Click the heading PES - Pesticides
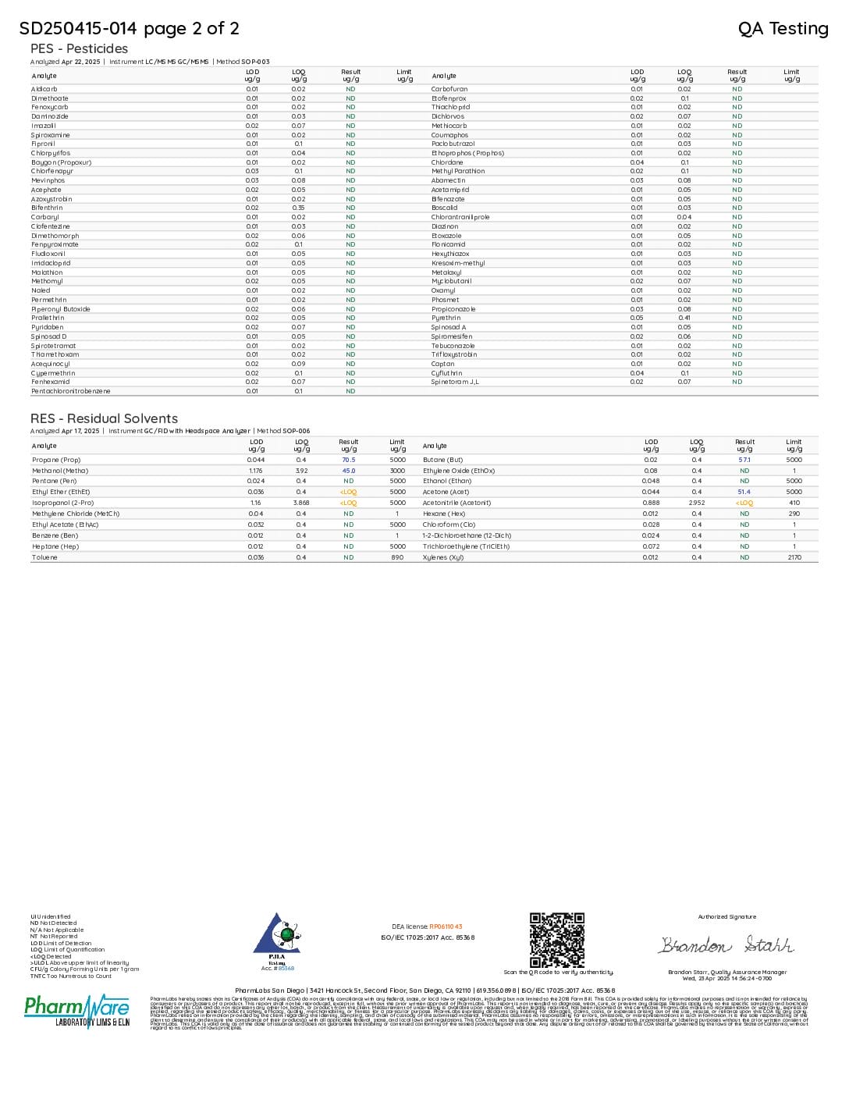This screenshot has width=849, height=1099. click(x=79, y=48)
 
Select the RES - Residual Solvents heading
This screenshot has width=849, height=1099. click(x=104, y=418)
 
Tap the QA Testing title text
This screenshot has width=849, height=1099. click(x=783, y=29)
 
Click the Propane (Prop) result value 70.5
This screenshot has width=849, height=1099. click(x=349, y=460)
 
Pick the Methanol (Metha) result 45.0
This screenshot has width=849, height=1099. click(x=349, y=471)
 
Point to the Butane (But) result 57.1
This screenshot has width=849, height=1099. click(x=744, y=460)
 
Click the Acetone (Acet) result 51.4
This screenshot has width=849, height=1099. click(x=744, y=492)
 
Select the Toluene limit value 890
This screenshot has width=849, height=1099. click(x=397, y=557)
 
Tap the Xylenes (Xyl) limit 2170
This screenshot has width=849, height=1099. click(x=794, y=557)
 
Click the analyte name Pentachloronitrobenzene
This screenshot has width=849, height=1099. click(x=71, y=391)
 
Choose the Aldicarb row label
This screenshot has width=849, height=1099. click(x=45, y=89)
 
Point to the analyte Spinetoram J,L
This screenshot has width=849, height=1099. click(x=455, y=382)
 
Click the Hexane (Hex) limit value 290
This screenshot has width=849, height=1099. click(x=794, y=514)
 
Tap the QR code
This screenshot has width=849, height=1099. click(x=557, y=940)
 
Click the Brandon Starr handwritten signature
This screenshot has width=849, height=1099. click(x=726, y=945)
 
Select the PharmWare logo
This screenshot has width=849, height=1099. click(x=76, y=1011)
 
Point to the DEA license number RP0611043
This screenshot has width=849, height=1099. click(x=446, y=927)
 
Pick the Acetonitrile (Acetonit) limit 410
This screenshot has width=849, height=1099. click(x=794, y=503)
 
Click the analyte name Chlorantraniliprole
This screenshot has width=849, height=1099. click(x=460, y=217)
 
